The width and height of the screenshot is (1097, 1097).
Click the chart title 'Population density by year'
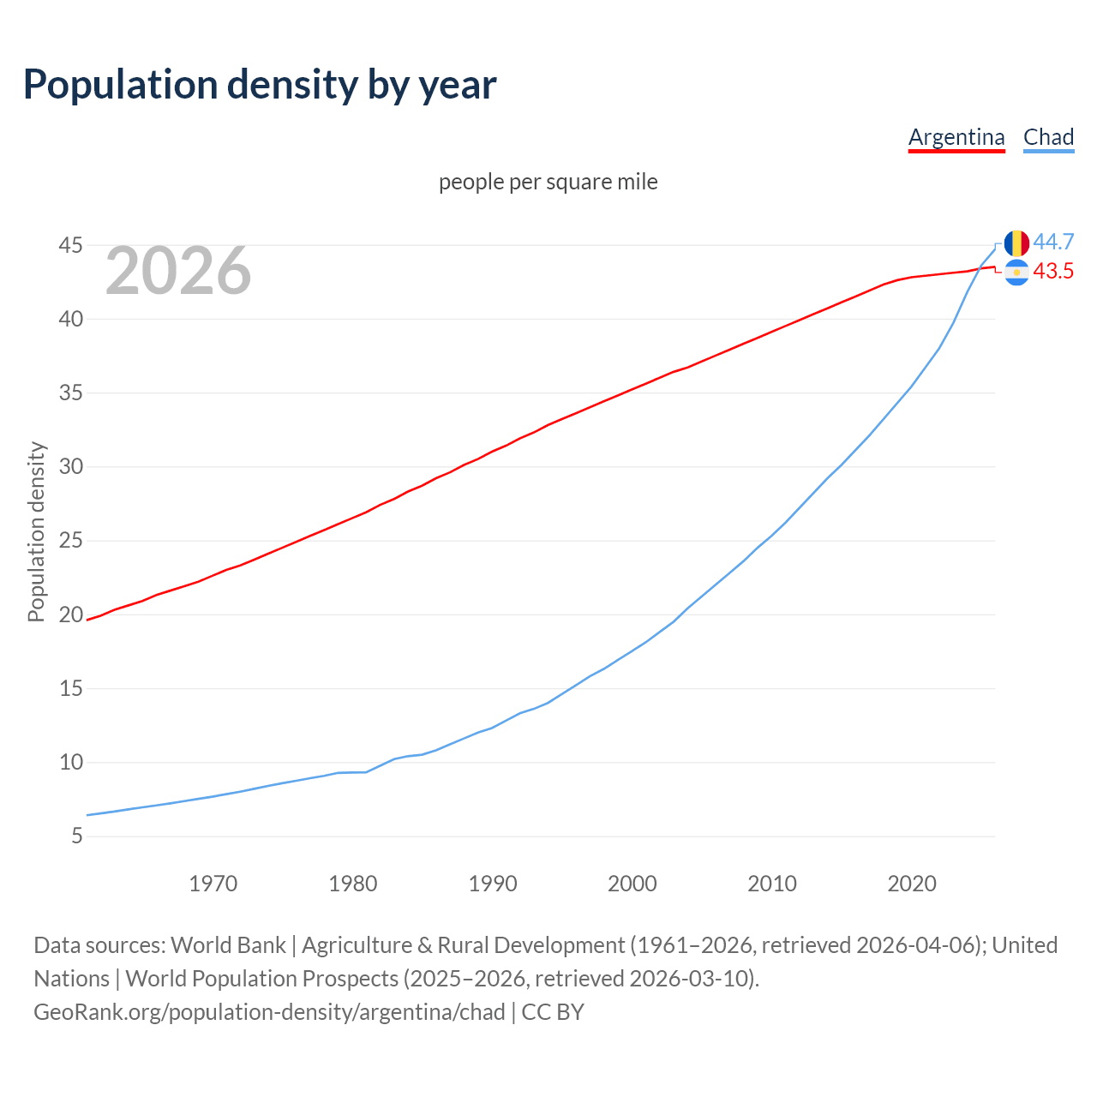point(260,84)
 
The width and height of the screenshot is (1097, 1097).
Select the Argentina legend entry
point(956,137)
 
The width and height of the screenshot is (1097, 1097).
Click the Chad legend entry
point(1048,137)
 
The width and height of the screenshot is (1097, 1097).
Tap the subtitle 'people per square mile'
point(548,182)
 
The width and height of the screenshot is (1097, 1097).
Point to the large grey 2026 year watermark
point(178,271)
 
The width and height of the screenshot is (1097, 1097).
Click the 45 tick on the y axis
point(70,246)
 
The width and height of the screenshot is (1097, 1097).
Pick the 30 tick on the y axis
point(70,467)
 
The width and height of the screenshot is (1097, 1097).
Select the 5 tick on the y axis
point(77,836)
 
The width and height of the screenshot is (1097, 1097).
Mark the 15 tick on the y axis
point(70,688)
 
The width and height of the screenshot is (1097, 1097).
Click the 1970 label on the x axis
point(213,884)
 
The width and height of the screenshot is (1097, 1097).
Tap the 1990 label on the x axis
point(492,884)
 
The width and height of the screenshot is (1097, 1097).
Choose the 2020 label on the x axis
point(911,884)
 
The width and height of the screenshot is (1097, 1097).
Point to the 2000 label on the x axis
point(632,884)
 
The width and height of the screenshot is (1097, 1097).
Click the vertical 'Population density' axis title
point(36,531)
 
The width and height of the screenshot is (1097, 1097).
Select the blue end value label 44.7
point(1053,243)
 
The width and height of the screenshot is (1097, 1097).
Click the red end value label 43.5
point(1053,272)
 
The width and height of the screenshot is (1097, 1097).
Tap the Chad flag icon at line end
point(1016,243)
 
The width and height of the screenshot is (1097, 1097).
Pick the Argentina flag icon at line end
point(1016,273)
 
